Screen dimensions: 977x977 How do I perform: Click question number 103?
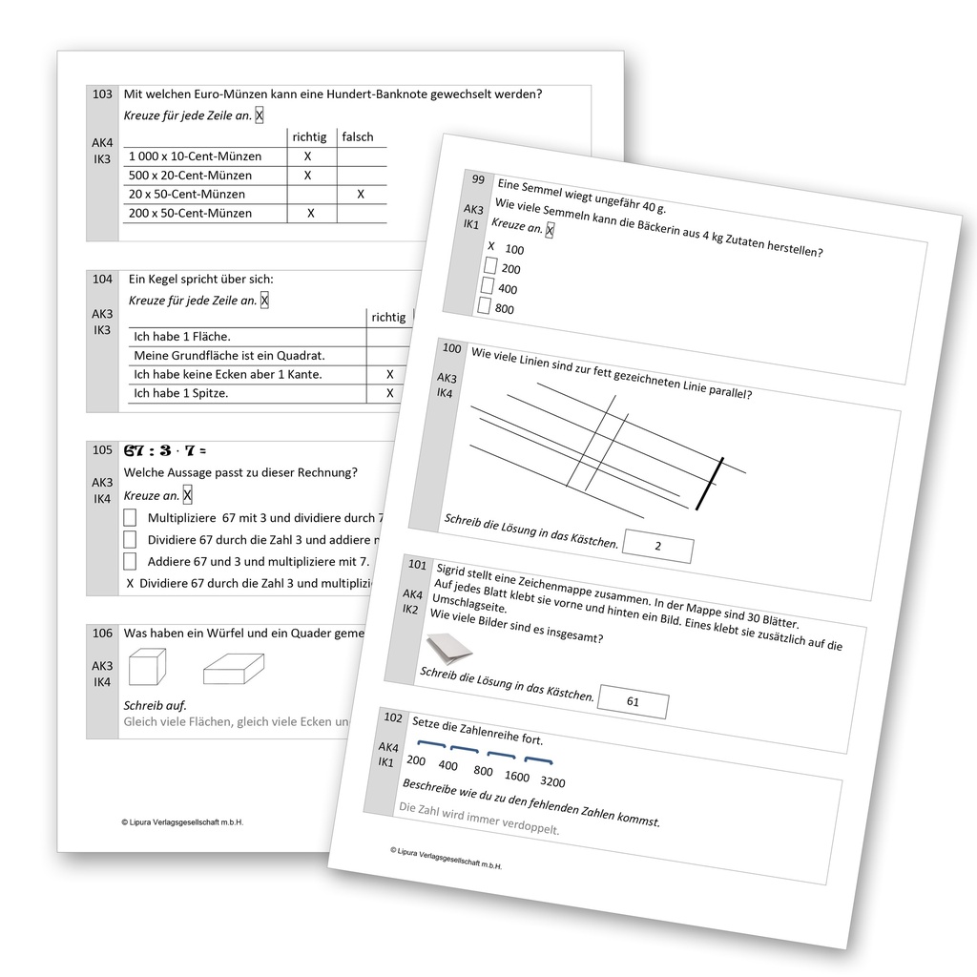(x=102, y=94)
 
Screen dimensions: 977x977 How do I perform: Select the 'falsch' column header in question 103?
(x=358, y=136)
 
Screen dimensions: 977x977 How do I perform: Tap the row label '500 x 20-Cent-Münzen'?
(x=190, y=176)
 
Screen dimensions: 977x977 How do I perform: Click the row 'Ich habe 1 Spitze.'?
(x=180, y=393)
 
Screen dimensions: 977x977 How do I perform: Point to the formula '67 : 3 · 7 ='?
(x=165, y=450)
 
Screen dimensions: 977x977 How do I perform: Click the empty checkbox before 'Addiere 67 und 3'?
(x=130, y=561)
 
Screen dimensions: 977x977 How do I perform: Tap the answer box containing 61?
(x=633, y=702)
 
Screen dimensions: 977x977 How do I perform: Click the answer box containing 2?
(x=657, y=547)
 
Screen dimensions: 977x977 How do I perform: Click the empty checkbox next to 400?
(x=487, y=285)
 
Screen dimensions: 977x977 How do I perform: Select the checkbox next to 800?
(x=484, y=306)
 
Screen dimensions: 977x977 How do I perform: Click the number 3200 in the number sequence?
(x=552, y=782)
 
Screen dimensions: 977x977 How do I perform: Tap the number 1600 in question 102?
(x=517, y=777)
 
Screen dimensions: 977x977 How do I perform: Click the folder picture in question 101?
(x=447, y=653)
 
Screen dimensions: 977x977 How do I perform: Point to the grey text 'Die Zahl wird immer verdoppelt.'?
(x=478, y=819)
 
